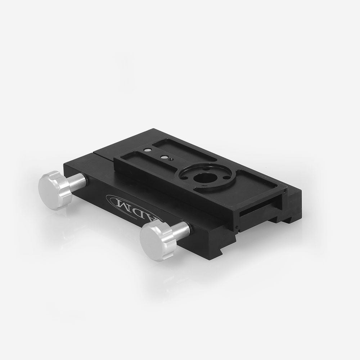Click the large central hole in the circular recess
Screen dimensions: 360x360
(201, 178)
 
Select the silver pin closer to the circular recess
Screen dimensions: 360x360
(164, 157)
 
